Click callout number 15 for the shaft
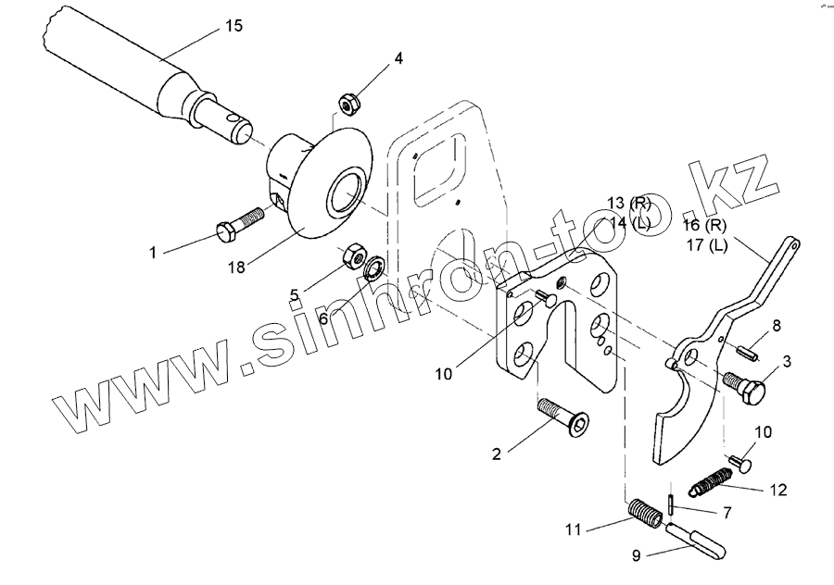234,26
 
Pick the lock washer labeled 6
374,268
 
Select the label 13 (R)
630,203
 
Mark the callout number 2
497,454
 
